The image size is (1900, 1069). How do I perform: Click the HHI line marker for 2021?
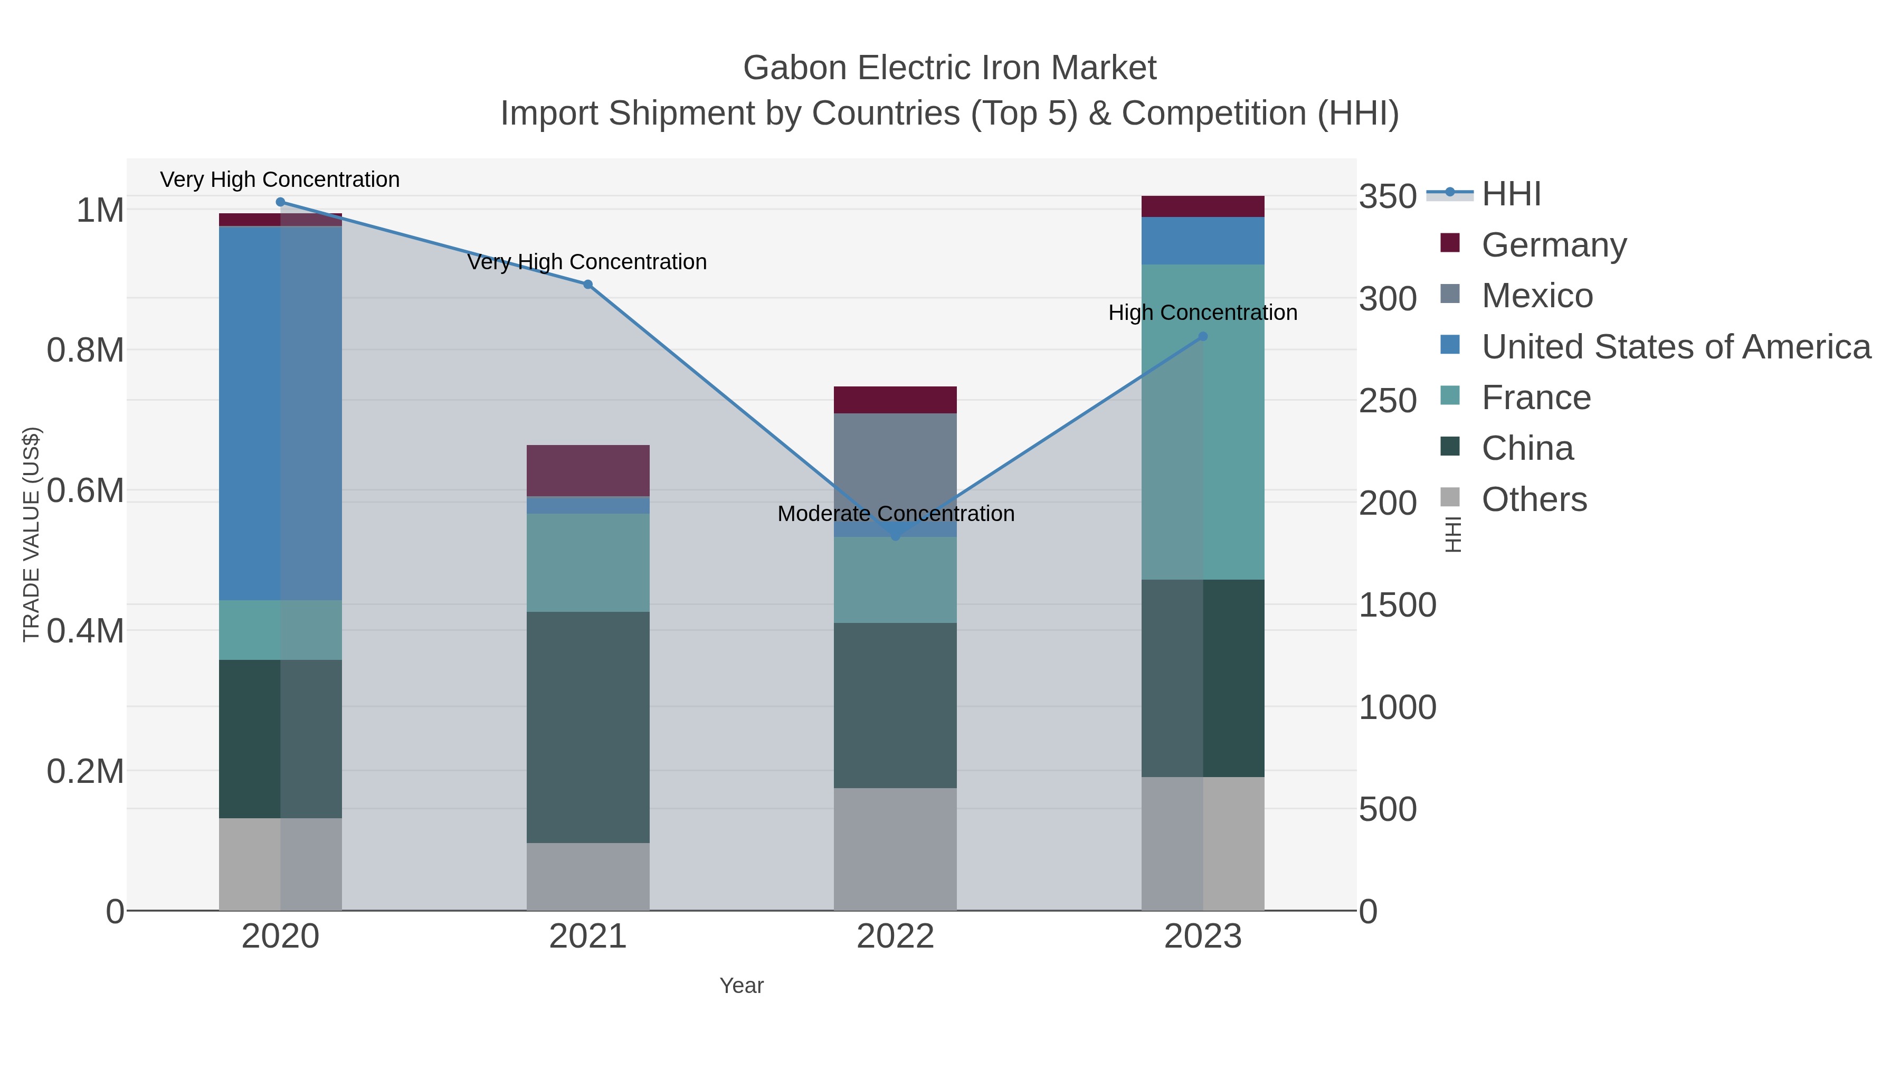[588, 284]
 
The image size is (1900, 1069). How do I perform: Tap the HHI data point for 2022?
[896, 536]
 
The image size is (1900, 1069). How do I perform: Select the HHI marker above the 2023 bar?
[1203, 336]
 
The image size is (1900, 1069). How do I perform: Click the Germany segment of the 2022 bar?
[896, 400]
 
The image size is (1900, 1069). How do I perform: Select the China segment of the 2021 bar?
[588, 727]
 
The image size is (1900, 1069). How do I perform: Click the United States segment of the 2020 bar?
[280, 413]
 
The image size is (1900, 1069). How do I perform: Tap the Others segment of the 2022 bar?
[896, 848]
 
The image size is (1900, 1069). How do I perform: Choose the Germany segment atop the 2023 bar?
[1203, 206]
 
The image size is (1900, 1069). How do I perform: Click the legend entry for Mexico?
[1537, 296]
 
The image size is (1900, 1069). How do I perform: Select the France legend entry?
[1536, 398]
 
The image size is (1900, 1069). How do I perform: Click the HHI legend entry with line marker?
[1510, 194]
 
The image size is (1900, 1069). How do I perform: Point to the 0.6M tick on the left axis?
[85, 490]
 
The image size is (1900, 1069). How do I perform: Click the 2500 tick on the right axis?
[1388, 401]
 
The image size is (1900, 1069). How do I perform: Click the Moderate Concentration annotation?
[896, 514]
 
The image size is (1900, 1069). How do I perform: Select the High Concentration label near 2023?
[1202, 313]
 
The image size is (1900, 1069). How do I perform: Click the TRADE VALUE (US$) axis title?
[31, 534]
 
